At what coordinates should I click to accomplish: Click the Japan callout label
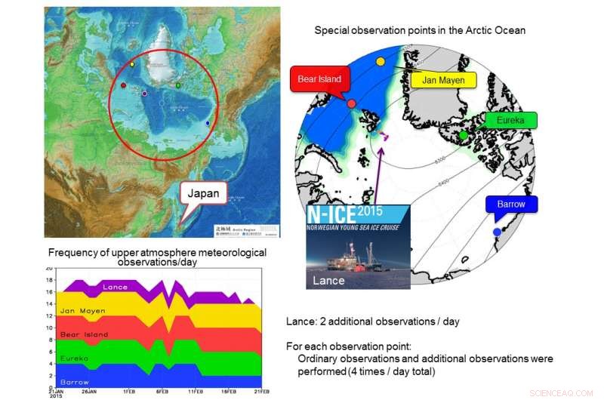tap(204, 193)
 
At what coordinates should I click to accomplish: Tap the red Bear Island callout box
tap(319, 78)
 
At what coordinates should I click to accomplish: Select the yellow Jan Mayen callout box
tap(443, 79)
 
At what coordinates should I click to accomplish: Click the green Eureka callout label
tap(510, 120)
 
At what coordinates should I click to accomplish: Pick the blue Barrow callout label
tap(510, 204)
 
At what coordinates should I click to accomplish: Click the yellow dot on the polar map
tap(381, 60)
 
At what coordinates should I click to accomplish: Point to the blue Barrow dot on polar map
tap(496, 231)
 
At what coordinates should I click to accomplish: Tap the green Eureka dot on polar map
tap(463, 135)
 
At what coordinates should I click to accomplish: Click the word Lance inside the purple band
tap(115, 288)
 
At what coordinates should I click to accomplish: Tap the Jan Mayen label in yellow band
tap(82, 310)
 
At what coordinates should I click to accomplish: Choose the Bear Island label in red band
tap(83, 334)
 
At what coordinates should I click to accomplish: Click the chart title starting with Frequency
tap(157, 255)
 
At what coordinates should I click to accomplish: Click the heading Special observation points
tap(420, 31)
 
